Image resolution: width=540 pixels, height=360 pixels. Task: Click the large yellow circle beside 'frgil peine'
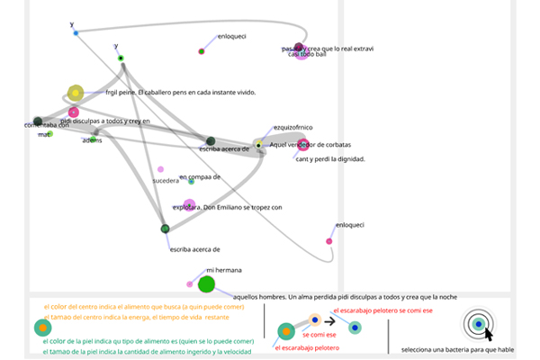point(76,93)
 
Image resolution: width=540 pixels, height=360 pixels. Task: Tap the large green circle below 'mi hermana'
point(206,284)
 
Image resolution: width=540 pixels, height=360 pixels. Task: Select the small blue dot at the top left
point(76,33)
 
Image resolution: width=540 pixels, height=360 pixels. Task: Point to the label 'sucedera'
point(166,181)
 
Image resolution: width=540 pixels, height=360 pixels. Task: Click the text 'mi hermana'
point(224,270)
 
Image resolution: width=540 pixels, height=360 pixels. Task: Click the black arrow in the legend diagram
point(330,320)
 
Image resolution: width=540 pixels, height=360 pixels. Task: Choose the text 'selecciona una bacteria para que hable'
point(456,349)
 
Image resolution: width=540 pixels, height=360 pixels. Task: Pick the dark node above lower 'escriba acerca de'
point(165,229)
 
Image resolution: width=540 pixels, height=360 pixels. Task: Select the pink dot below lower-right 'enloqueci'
point(329,241)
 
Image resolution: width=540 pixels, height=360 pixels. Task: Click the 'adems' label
point(92,139)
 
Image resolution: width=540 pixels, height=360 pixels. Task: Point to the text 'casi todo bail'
point(307,55)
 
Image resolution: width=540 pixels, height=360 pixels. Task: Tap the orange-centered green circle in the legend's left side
point(41,329)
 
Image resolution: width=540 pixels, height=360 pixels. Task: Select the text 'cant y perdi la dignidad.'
point(329,158)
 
